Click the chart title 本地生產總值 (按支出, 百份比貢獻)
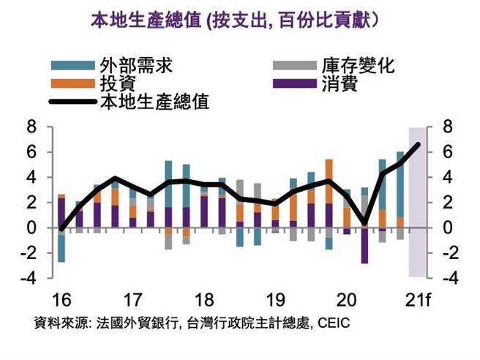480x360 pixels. (233, 20)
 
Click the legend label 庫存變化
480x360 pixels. (358, 66)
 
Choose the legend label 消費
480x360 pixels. (339, 83)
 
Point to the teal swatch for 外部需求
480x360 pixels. (72, 66)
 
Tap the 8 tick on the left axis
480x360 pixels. (31, 127)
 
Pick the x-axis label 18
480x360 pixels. (204, 301)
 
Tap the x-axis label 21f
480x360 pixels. (419, 301)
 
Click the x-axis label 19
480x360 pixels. (275, 301)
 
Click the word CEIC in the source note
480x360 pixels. (334, 322)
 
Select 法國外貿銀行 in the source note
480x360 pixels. (138, 322)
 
